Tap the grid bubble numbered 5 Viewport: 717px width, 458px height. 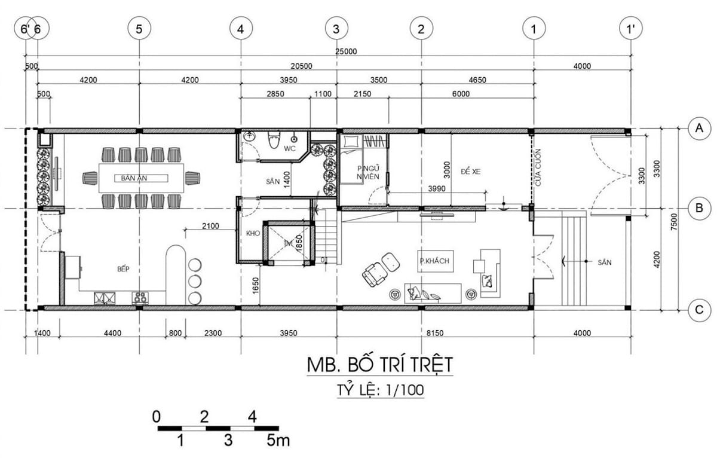coord(139,28)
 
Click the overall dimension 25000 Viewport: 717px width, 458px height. coord(346,51)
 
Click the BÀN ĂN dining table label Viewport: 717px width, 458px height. coord(134,178)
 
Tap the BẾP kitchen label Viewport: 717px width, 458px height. coord(124,270)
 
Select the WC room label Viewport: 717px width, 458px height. coord(290,148)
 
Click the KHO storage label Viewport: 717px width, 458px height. coord(252,233)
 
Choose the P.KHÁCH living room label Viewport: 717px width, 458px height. coord(434,261)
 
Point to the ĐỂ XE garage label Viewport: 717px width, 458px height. coord(471,171)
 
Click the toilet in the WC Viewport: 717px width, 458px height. coord(274,142)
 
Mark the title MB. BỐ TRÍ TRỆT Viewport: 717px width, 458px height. coord(380,364)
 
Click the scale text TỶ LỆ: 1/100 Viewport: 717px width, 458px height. coord(381,390)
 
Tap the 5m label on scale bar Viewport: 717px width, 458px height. coord(278,442)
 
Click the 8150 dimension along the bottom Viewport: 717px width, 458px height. coord(434,333)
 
